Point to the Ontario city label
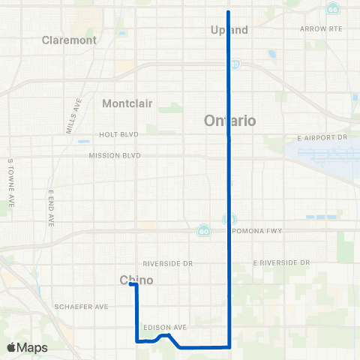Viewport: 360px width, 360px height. tap(230, 120)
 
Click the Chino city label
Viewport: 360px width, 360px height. tap(136, 280)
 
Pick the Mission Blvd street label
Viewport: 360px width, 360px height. tap(115, 156)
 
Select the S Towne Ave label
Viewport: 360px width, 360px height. tap(10, 183)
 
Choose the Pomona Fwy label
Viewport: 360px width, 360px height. tap(259, 230)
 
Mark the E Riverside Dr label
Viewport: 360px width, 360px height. tap(280, 263)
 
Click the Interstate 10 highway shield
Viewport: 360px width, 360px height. tap(235, 65)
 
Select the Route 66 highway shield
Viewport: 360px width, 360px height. tap(332, 10)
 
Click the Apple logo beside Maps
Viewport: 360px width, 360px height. tap(12, 347)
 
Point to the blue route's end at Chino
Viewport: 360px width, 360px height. tap(131, 284)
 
